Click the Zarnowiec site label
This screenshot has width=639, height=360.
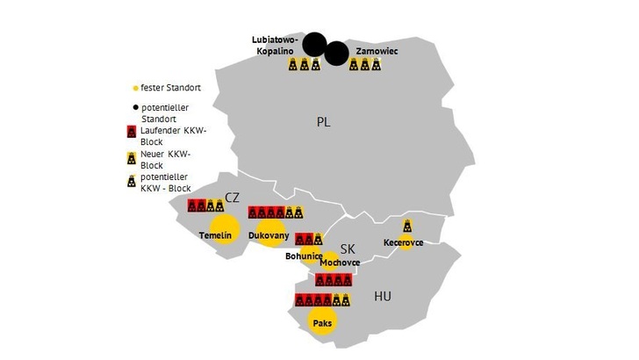click(x=377, y=52)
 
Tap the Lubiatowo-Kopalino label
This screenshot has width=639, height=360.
click(x=275, y=46)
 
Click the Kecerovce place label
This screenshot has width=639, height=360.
click(x=404, y=242)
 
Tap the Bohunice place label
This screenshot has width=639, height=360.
click(x=304, y=256)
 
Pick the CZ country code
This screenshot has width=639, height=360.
click(x=232, y=198)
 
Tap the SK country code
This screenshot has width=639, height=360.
click(x=348, y=248)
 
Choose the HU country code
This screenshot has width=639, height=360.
click(x=383, y=297)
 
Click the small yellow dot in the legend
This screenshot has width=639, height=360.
click(x=134, y=89)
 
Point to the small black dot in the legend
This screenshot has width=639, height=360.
click(x=134, y=106)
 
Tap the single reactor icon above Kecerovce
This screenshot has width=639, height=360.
click(x=406, y=226)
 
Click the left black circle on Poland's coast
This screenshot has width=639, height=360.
click(x=313, y=44)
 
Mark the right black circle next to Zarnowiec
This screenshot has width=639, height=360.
click(x=336, y=54)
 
